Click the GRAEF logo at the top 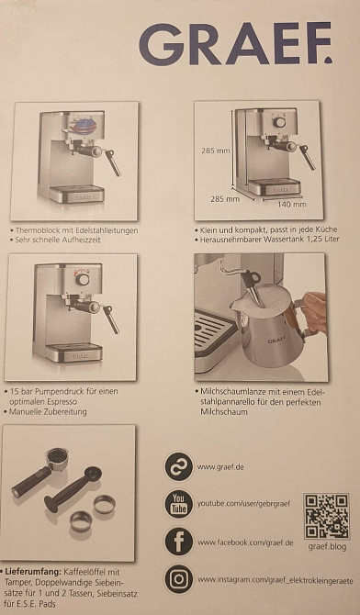(235, 43)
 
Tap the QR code (327, 516)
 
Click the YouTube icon (179, 504)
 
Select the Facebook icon (179, 542)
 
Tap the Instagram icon (179, 579)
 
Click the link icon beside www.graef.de (179, 466)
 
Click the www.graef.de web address (219, 467)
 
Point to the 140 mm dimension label (292, 204)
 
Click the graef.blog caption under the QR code (327, 546)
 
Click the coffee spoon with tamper (73, 489)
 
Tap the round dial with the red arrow (83, 279)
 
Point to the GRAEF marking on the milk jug (277, 339)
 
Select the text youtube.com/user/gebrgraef (243, 503)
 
